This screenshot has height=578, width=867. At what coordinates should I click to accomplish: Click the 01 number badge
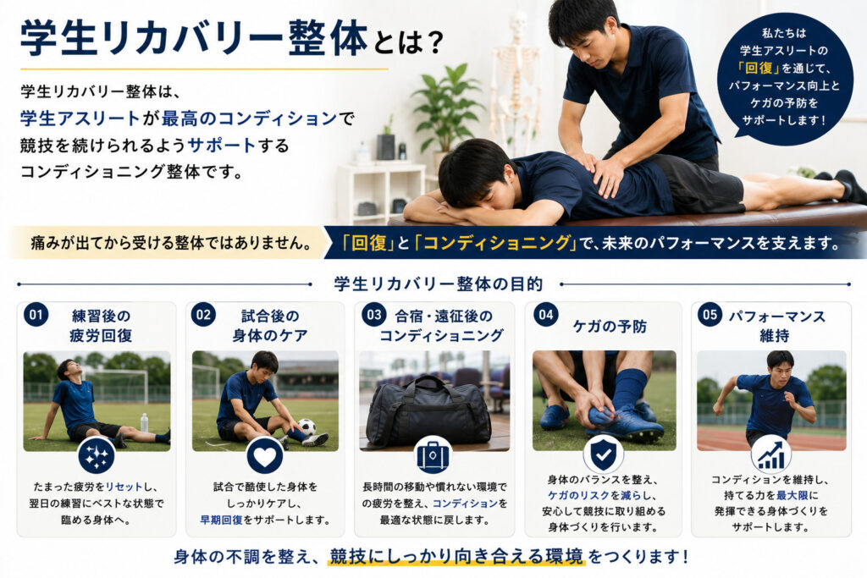(36, 315)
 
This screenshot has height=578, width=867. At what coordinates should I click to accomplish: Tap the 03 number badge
(373, 315)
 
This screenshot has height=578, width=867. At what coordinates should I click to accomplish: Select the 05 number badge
(710, 315)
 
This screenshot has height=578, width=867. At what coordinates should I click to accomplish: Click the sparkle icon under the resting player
(97, 456)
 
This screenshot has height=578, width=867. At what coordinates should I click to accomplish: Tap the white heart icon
(265, 456)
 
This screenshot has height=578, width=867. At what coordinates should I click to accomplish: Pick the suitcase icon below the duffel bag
(433, 456)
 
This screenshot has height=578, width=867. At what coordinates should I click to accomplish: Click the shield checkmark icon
(603, 454)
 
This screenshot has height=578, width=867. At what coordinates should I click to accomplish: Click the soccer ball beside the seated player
(306, 427)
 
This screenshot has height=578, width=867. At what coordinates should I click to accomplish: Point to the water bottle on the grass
(144, 423)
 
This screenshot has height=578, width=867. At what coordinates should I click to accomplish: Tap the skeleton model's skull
(518, 23)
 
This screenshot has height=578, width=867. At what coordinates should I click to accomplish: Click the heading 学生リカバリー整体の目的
(438, 284)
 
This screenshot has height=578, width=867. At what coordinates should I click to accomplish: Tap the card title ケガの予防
(610, 327)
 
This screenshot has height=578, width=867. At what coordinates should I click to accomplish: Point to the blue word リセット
(124, 487)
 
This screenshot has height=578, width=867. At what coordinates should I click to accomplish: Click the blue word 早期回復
(221, 520)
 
